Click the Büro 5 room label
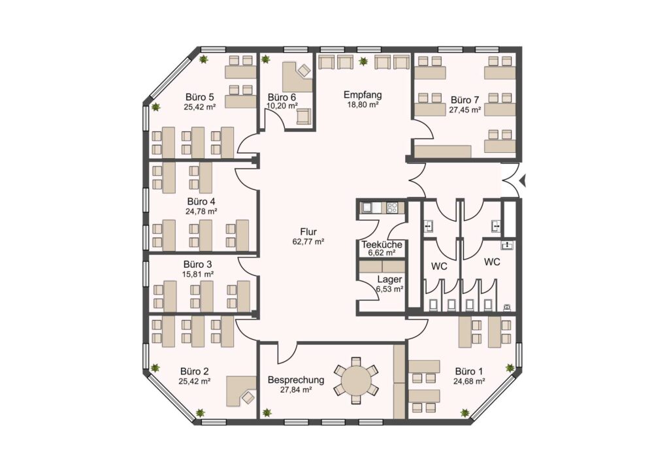tap(200, 97)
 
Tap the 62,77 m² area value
tap(308, 242)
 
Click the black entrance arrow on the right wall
tap(525, 181)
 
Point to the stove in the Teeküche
tap(392, 208)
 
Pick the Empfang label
tap(363, 95)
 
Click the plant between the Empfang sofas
tap(363, 61)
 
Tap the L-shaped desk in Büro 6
tap(296, 76)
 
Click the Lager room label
tap(389, 280)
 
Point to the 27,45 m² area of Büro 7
tap(465, 110)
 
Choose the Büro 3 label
tap(198, 265)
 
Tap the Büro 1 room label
tap(469, 371)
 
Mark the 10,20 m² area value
tap(282, 105)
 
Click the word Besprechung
tap(296, 380)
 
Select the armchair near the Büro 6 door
tap(304, 116)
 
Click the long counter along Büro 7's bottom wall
tap(444, 152)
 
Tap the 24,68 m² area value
tap(469, 382)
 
